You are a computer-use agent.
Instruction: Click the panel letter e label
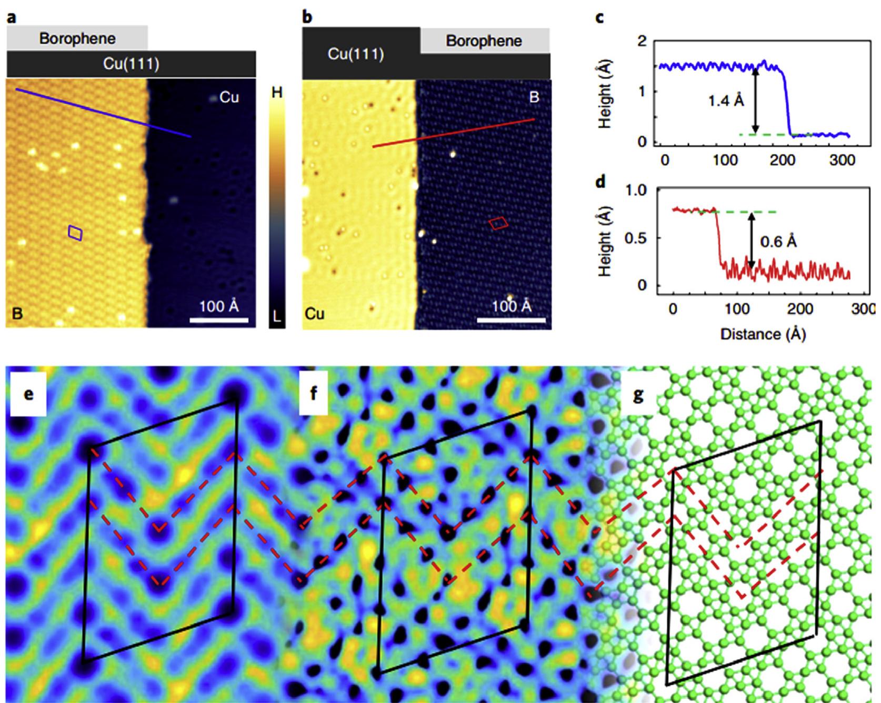[28, 394]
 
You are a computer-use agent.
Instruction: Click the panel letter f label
[314, 394]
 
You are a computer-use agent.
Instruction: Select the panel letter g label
[638, 394]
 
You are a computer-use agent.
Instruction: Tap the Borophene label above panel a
[77, 38]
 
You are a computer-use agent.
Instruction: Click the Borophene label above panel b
[484, 41]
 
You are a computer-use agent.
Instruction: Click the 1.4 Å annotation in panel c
[726, 101]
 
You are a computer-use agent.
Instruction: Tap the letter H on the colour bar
[277, 93]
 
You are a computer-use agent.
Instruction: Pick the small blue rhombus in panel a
[75, 233]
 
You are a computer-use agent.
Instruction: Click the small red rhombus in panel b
[498, 223]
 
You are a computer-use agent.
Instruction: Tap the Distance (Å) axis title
[763, 334]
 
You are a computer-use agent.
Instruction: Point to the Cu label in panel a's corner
[229, 97]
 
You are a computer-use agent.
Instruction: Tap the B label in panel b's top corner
[535, 97]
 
